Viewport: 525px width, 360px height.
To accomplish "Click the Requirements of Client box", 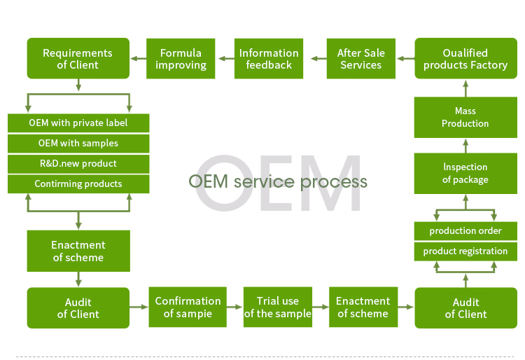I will click(78, 59).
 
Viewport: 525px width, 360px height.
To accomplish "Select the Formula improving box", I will click(181, 59).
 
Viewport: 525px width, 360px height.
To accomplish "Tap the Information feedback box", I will click(269, 59).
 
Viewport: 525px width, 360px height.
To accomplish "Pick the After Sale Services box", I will click(360, 59).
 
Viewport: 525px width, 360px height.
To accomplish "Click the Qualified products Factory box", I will click(465, 59).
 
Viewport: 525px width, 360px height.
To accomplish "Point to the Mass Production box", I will click(465, 117).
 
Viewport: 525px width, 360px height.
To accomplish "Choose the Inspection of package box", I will click(465, 173).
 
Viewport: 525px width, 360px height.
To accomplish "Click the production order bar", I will click(465, 231).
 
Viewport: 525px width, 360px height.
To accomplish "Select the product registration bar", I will click(465, 251).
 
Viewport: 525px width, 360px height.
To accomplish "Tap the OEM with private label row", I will click(78, 123).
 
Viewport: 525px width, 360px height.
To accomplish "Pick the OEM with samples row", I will click(78, 144).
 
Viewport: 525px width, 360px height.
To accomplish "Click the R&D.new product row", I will click(78, 164).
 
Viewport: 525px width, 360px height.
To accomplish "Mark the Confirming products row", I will click(78, 184).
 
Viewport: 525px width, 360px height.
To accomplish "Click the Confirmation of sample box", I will click(188, 307).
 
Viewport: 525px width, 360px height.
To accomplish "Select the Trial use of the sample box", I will click(277, 307).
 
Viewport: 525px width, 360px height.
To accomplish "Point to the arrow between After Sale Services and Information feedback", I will click(315, 59).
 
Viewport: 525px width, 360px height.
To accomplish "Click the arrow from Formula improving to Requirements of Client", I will click(137, 59).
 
